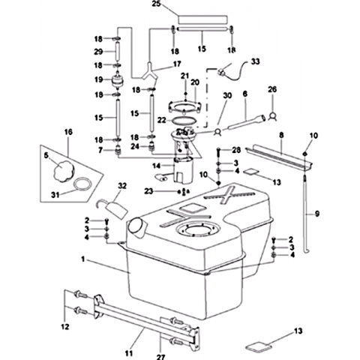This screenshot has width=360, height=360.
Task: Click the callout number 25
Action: (156, 4)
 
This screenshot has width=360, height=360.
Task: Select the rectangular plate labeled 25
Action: (202, 19)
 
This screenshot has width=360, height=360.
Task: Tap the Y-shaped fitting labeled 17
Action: (149, 72)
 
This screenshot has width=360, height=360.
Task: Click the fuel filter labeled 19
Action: (117, 80)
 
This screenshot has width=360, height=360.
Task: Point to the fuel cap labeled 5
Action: (64, 171)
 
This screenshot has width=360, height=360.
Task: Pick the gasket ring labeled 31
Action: (82, 184)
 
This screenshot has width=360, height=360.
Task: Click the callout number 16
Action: (68, 132)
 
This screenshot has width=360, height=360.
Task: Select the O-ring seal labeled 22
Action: (184, 120)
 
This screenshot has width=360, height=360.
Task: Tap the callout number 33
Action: (255, 61)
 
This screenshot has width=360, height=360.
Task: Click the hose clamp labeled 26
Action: (272, 116)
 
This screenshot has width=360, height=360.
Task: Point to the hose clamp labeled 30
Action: (217, 131)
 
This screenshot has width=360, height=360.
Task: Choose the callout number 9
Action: (317, 214)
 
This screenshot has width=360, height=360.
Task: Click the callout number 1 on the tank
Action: (83, 259)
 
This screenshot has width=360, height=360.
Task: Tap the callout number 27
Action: (160, 357)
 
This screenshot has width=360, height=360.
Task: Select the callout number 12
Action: (65, 326)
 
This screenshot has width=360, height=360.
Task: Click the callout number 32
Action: (122, 186)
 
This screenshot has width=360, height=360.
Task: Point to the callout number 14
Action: (157, 166)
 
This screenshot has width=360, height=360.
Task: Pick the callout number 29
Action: (98, 52)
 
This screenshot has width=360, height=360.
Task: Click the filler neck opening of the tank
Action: (136, 226)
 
